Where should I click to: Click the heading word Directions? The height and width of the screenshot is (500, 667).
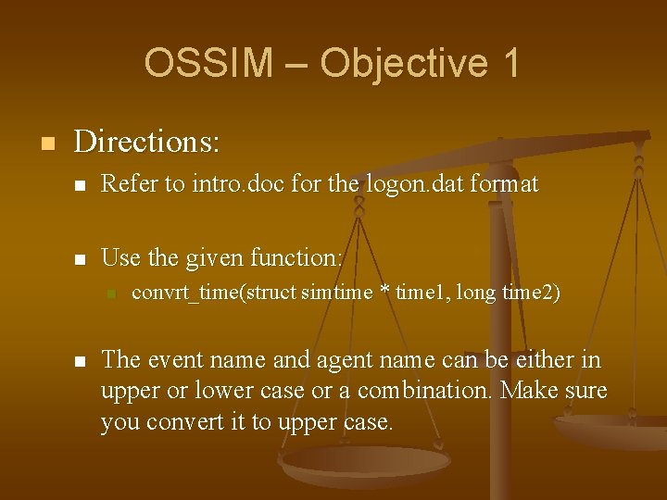[x=146, y=142]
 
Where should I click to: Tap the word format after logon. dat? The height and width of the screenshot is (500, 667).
[x=504, y=184]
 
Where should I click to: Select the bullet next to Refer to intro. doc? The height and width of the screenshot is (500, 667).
[x=81, y=186]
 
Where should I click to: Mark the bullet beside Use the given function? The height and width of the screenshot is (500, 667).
[x=81, y=258]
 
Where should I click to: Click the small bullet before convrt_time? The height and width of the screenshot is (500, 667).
[x=110, y=294]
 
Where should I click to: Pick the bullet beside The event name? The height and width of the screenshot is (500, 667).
[x=81, y=361]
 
